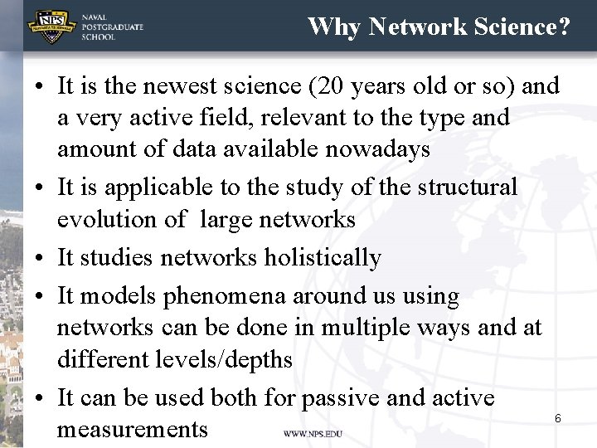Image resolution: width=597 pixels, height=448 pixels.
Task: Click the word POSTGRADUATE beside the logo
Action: coord(112,27)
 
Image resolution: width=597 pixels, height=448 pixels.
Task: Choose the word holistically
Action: coord(323,258)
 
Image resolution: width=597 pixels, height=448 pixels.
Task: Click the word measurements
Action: coord(133,430)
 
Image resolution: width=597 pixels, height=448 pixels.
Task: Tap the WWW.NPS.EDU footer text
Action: coord(313,434)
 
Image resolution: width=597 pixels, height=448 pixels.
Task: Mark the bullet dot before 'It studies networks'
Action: coord(40,259)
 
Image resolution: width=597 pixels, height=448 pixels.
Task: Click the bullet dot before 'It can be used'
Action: coord(40,398)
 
